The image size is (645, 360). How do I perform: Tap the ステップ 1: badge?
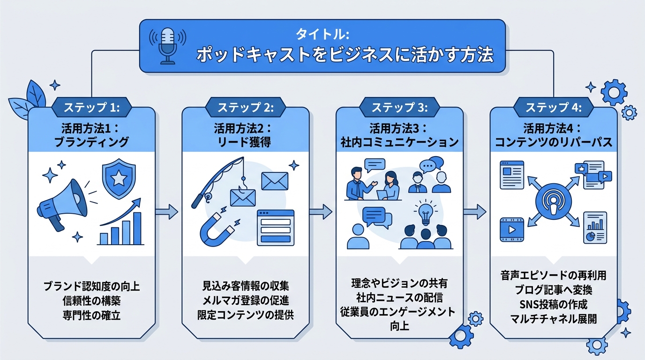tap(91, 107)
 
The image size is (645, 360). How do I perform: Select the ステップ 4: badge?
tap(553, 107)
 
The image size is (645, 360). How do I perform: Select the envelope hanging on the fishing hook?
tap(241, 198)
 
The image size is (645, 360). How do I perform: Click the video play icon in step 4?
tap(512, 230)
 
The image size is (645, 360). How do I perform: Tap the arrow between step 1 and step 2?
tap(167, 212)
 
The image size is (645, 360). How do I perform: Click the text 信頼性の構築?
tap(91, 300)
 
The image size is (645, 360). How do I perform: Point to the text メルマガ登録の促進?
tap(245, 300)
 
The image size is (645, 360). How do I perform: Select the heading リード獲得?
tap(245, 142)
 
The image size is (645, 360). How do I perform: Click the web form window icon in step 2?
tap(276, 227)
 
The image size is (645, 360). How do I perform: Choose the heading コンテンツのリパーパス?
tap(553, 142)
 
